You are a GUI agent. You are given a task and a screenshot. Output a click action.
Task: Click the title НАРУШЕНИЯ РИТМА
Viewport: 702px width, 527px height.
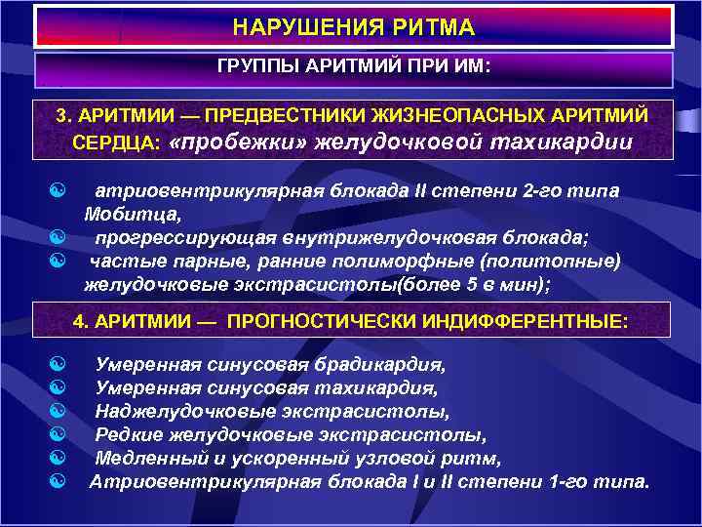[354, 27]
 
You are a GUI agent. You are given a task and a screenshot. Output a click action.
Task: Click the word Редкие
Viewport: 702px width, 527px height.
[127, 434]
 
